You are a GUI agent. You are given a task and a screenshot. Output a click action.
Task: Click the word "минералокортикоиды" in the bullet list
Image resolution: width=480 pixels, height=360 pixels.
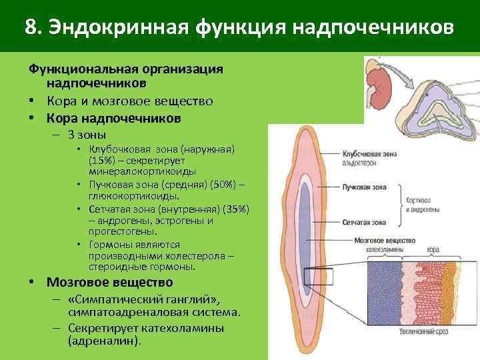click(x=142, y=171)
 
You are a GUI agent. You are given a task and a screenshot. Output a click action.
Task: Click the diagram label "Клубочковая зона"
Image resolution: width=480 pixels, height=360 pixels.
click(x=368, y=153)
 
